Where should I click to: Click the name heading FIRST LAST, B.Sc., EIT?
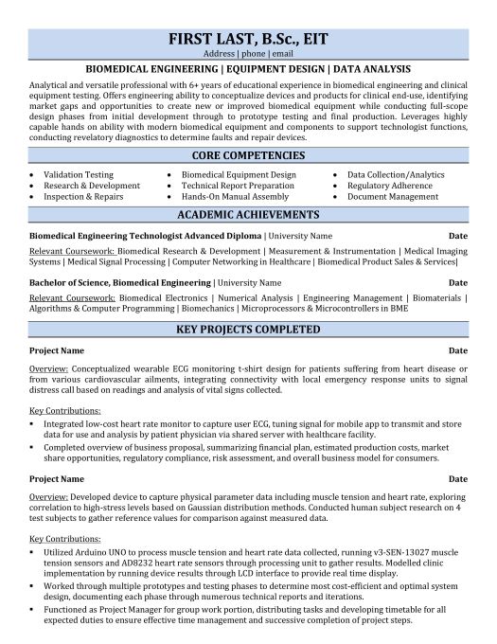248,37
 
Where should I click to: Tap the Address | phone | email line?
248,55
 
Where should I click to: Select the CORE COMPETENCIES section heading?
248,155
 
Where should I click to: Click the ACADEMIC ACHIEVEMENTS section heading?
248,215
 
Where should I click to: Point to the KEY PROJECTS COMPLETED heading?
248,330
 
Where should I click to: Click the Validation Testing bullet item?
79,175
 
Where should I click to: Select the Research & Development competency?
92,187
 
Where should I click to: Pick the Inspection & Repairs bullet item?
84,197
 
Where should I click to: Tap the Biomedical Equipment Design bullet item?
239,175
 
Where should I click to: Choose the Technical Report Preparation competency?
238,187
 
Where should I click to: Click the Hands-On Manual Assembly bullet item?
234,197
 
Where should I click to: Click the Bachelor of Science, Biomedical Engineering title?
120,282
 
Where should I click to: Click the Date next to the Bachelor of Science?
458,282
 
